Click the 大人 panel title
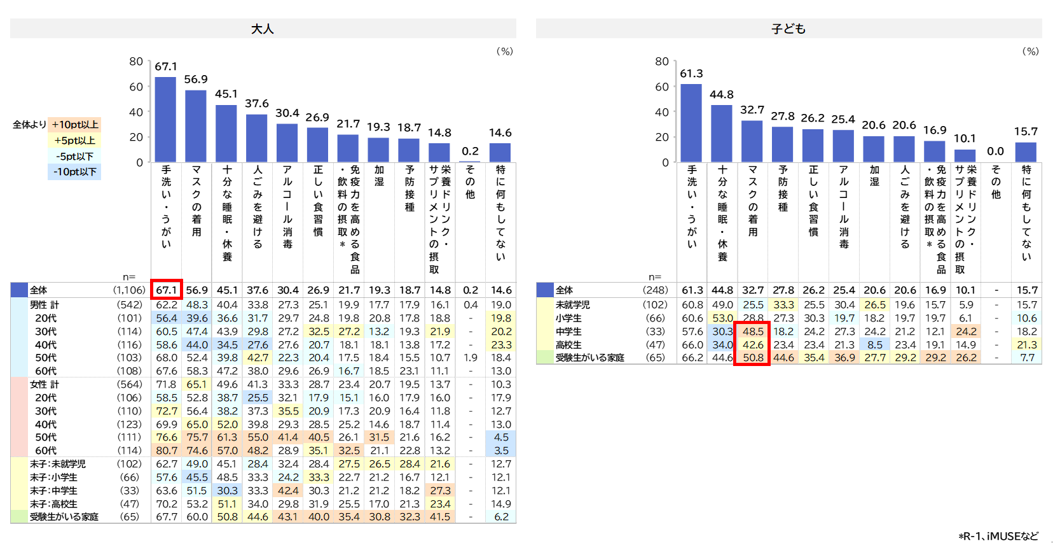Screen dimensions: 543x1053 (263, 29)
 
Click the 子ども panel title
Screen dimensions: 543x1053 (788, 29)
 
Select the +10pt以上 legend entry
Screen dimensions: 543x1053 (74, 125)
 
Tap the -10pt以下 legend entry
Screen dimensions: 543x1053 (74, 172)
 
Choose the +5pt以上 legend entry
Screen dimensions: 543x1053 (74, 141)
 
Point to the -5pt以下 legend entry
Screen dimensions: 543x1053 (74, 156)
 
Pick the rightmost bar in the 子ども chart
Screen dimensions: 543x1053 (1026, 152)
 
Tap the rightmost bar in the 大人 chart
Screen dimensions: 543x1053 (500, 153)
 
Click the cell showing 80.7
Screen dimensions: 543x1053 (167, 451)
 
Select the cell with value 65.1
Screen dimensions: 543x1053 (196, 384)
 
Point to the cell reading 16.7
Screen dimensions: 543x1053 (348, 371)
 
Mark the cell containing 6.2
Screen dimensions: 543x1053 (501, 517)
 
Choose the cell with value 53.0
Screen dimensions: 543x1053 (722, 318)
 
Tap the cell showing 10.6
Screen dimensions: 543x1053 (1026, 318)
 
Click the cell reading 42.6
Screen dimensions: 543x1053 (753, 345)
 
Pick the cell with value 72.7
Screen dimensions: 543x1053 (167, 411)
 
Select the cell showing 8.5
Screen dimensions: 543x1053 (874, 345)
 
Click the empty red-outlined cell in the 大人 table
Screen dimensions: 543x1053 (167, 290)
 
